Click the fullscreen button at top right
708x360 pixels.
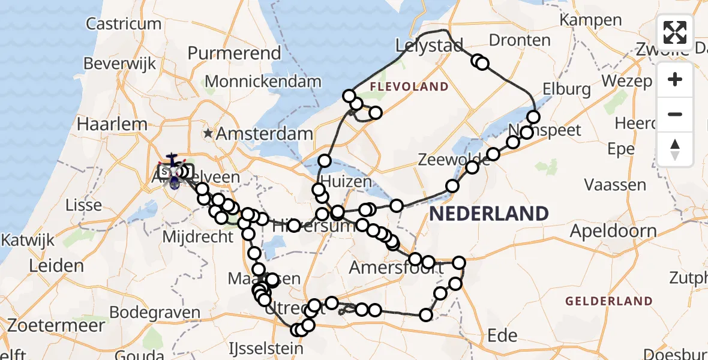pyautogui.click(x=675, y=32)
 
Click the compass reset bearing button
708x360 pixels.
pyautogui.click(x=675, y=149)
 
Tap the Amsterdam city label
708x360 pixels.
pyautogui.click(x=264, y=134)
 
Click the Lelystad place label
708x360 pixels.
pyautogui.click(x=429, y=45)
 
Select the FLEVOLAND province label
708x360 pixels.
pyautogui.click(x=409, y=87)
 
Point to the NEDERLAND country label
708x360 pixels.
pyautogui.click(x=489, y=213)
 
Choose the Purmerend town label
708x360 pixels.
pyautogui.click(x=234, y=53)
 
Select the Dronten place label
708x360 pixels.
pyautogui.click(x=520, y=40)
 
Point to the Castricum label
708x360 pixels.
pyautogui.click(x=124, y=24)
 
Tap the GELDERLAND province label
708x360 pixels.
pyautogui.click(x=608, y=301)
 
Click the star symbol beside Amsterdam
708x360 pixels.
pyautogui.click(x=208, y=133)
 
